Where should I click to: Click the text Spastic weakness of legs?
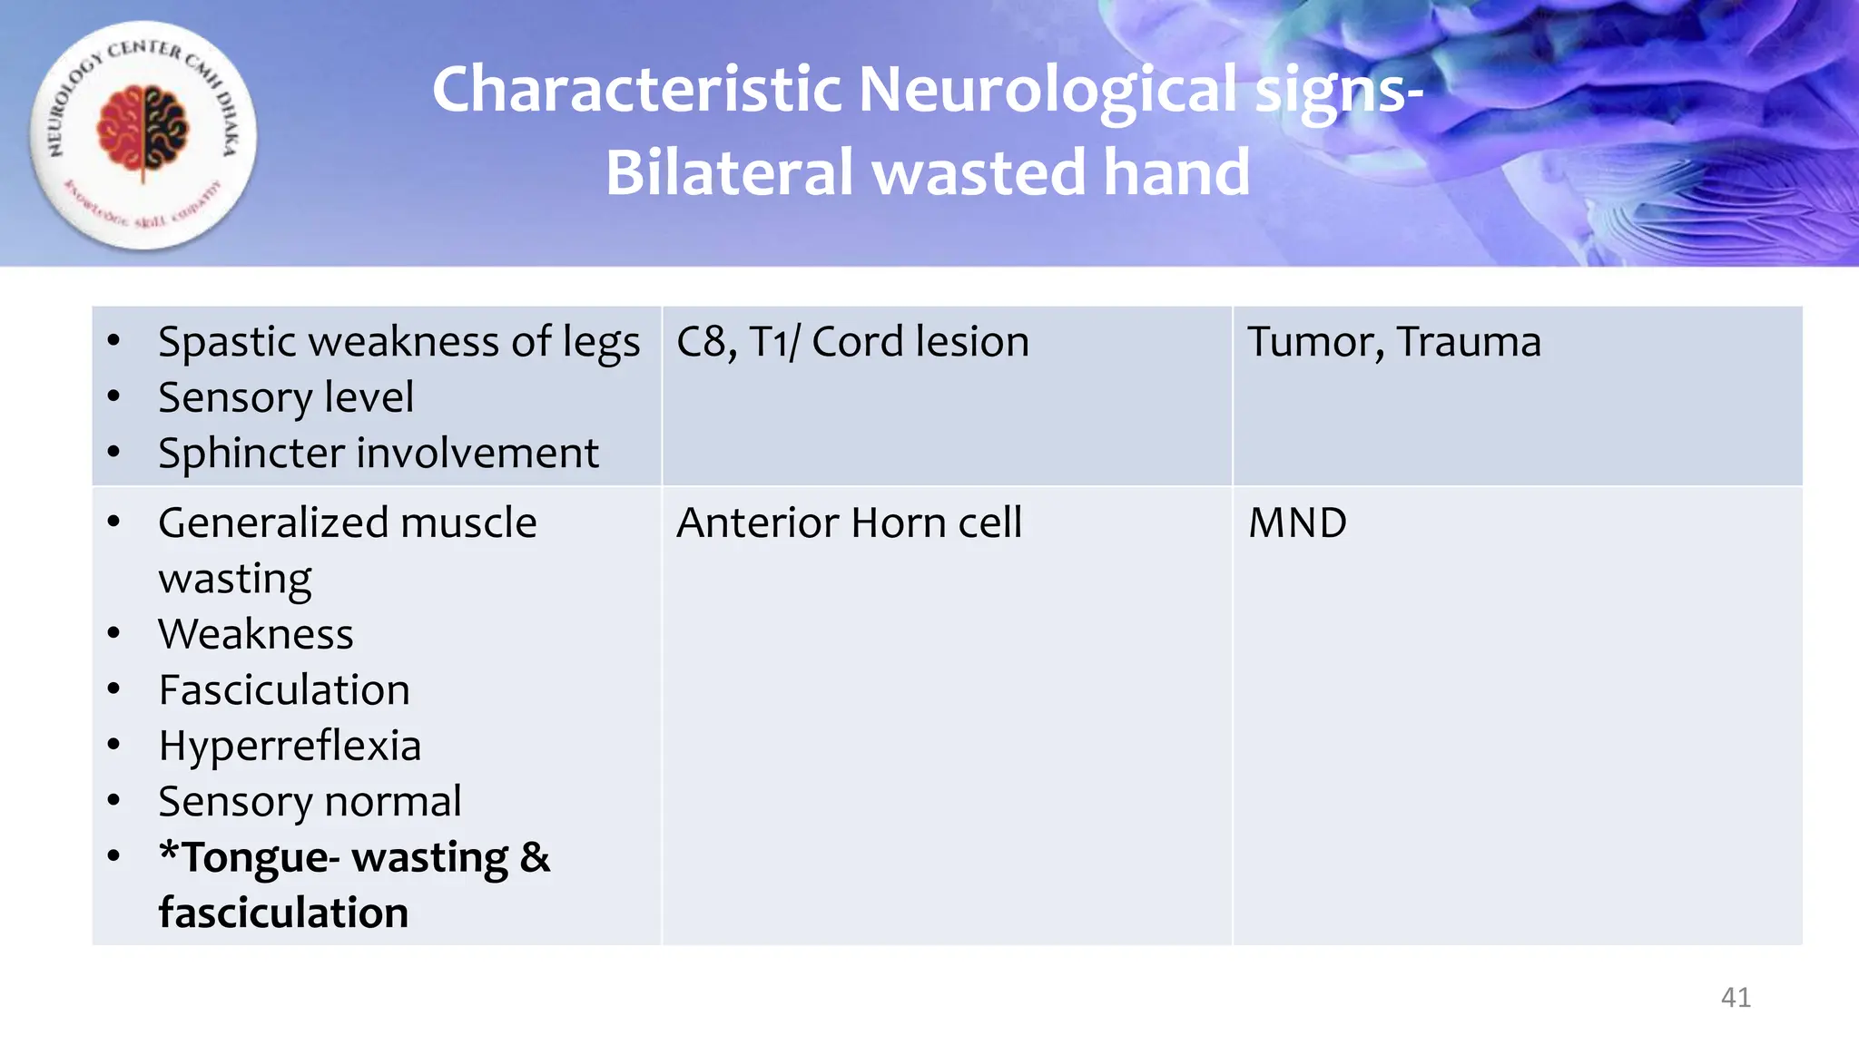click(398, 343)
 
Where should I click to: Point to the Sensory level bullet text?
click(285, 398)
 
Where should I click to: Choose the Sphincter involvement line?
click(378, 454)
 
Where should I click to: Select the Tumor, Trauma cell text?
click(1393, 343)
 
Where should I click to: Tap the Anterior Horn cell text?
click(849, 523)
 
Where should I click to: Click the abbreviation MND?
click(1296, 523)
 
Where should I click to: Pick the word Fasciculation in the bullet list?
click(283, 690)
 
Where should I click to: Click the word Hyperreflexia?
click(289, 746)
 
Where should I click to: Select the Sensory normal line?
click(309, 802)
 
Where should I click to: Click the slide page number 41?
click(1735, 997)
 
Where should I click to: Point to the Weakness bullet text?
click(255, 634)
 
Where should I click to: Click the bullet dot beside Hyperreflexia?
click(113, 746)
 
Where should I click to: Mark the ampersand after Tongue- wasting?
click(535, 858)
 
